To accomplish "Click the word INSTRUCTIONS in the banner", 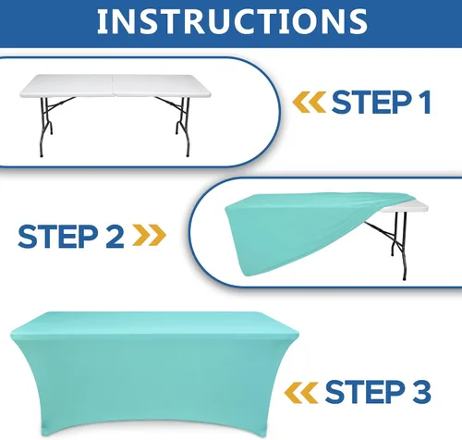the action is pos(232,21).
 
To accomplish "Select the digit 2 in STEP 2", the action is pos(115,236).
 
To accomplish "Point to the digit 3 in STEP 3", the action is pos(421,391).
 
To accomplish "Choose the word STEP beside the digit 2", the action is pos(58,236).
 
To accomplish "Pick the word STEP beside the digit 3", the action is pos(365,391).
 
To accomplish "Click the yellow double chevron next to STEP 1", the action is pos(309,102).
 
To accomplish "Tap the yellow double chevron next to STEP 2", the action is pos(150,235).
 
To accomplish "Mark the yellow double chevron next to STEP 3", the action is pos(301,393).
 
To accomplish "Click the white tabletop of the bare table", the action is pos(115,86).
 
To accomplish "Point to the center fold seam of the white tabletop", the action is pos(113,85).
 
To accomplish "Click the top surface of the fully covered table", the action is pos(154,324).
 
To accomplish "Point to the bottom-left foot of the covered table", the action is pos(45,433).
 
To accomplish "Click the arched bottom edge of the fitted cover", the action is pos(154,421).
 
